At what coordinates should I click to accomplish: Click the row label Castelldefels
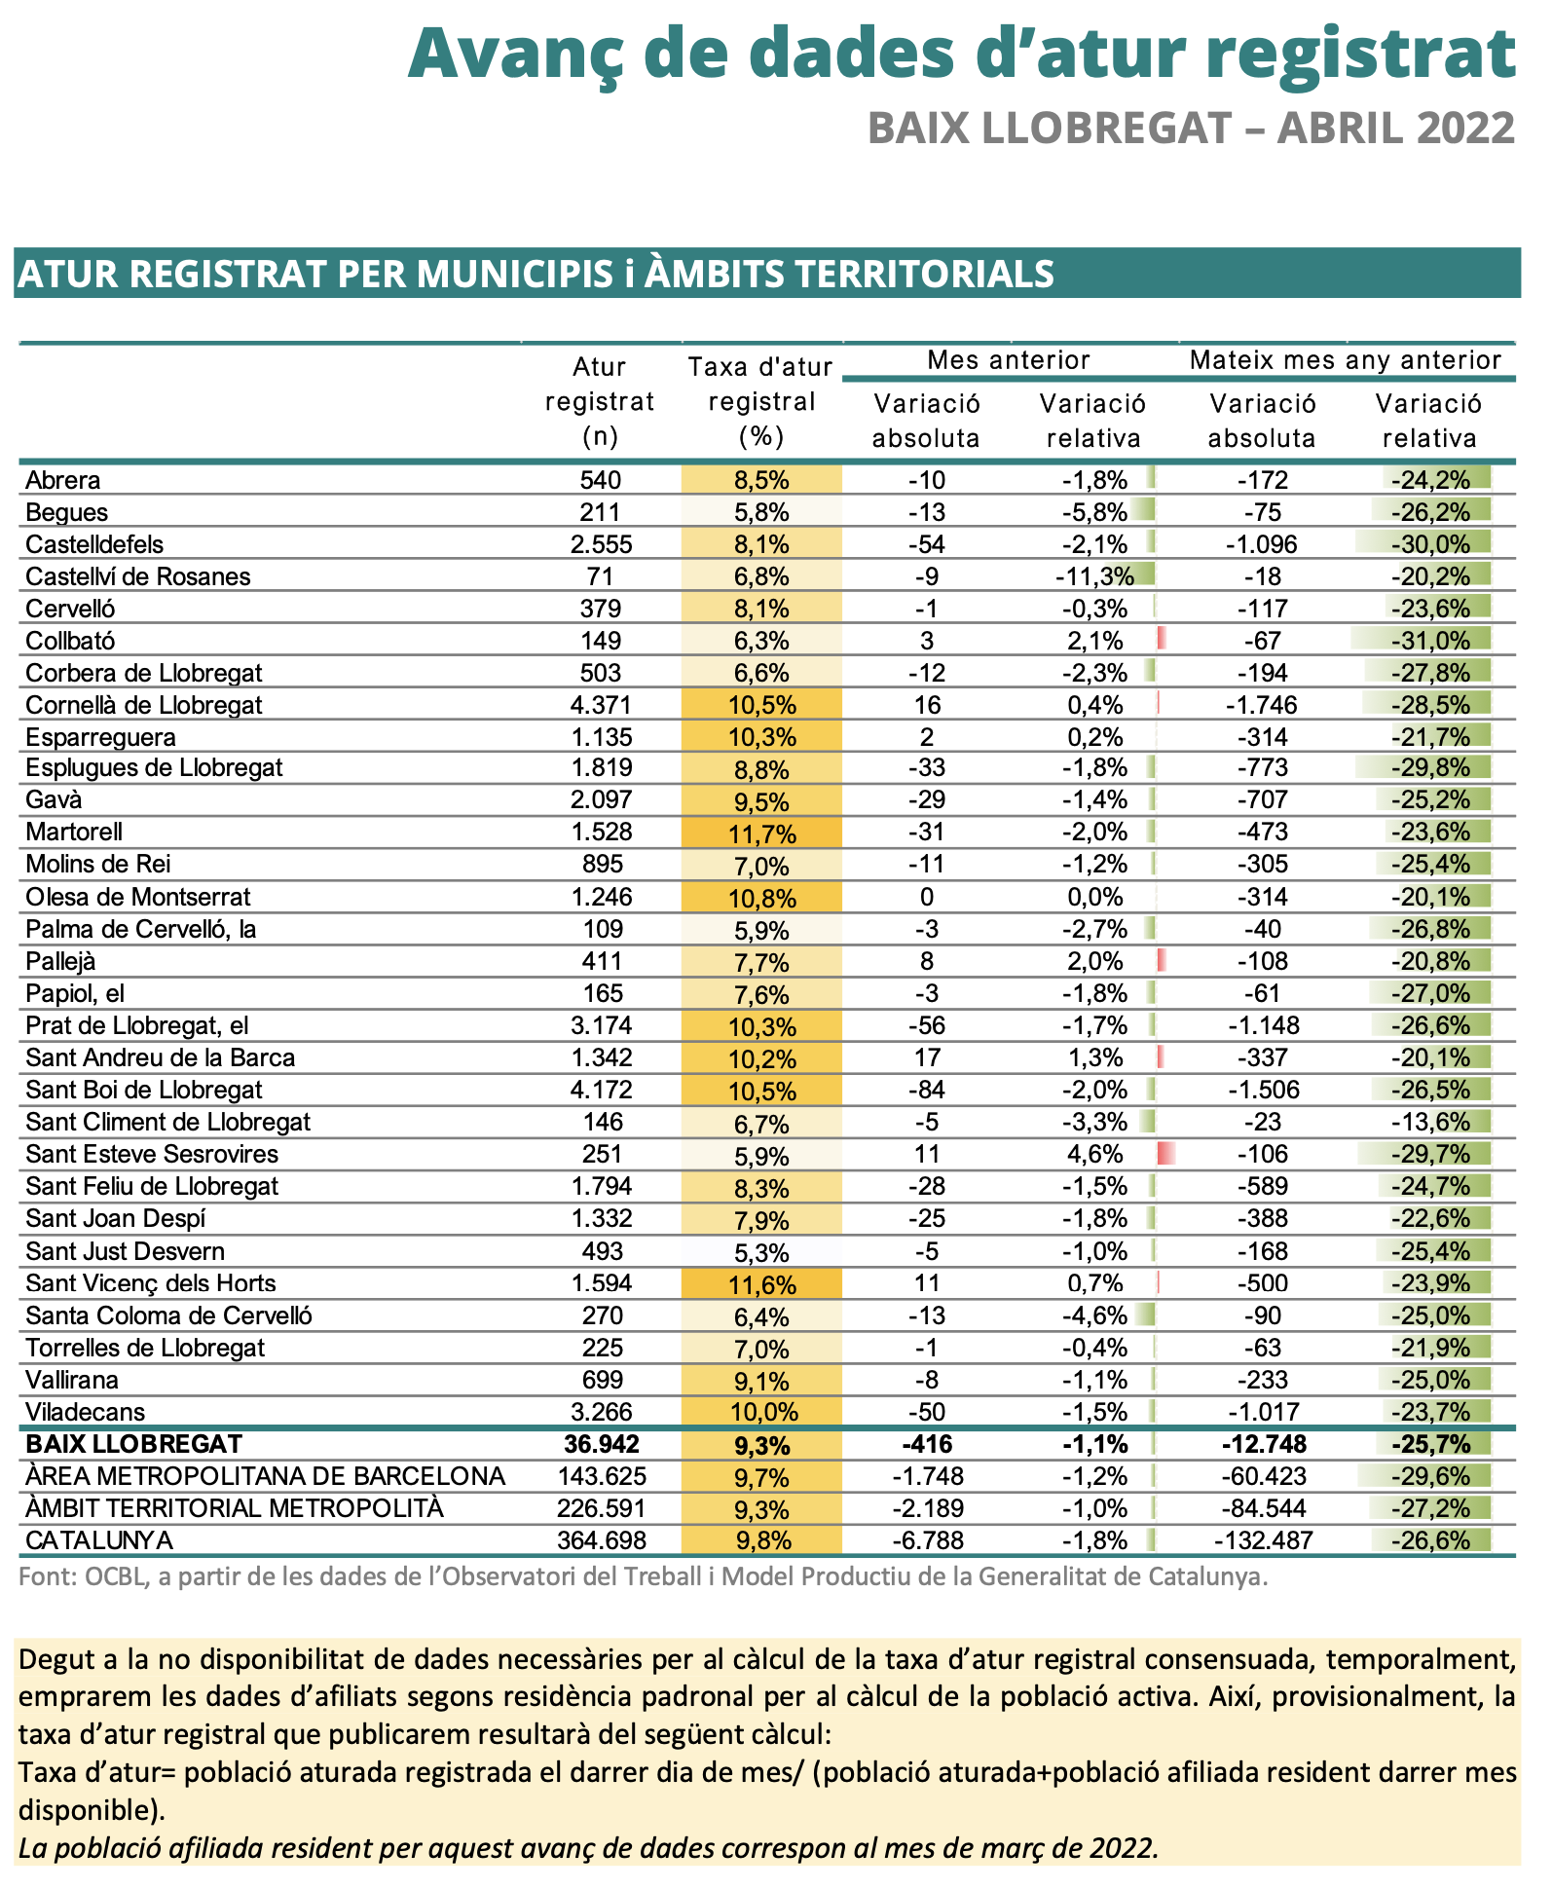94,544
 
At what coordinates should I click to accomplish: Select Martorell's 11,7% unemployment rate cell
762,833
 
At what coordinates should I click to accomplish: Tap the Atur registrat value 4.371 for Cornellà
601,705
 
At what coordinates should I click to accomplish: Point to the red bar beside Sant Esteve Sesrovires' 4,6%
1165,1154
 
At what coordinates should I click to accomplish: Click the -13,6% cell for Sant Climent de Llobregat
1430,1122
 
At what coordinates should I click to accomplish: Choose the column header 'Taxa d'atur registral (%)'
760,402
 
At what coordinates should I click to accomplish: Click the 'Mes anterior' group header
1009,360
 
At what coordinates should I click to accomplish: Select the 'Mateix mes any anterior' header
1346,360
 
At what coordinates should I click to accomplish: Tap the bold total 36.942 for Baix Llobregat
601,1444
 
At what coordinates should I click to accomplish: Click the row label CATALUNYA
99,1540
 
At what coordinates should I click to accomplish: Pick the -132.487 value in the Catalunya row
1263,1540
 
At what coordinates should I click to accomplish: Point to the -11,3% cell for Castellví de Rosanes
1094,576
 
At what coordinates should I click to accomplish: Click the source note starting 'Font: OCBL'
644,1576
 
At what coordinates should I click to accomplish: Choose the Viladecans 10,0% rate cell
762,1412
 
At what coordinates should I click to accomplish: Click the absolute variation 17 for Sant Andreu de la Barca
927,1057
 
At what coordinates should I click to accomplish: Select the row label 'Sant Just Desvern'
125,1251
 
